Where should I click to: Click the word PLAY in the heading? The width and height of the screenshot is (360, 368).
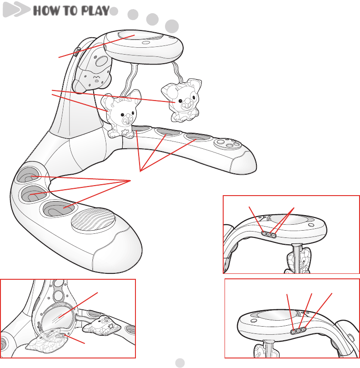[93, 11]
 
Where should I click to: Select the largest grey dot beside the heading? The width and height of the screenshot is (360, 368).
[171, 25]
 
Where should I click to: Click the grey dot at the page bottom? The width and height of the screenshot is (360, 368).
[180, 362]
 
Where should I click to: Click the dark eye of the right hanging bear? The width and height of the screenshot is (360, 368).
[180, 101]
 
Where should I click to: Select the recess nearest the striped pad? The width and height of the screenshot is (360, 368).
[59, 209]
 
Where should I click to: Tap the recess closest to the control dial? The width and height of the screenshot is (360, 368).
[194, 136]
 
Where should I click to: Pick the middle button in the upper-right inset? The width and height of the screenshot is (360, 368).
[269, 235]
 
